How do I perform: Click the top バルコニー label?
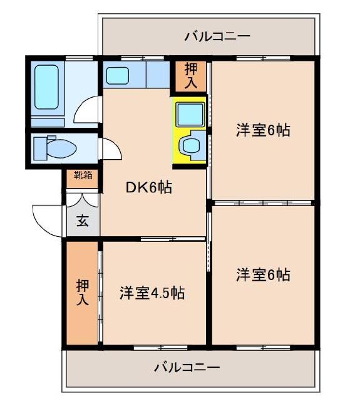tap(217, 36)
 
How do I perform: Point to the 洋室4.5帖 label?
tap(152, 293)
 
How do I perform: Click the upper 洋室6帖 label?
tap(262, 130)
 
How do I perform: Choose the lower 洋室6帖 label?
tap(262, 274)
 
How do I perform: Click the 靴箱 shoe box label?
tap(83, 175)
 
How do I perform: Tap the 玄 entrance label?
tap(83, 221)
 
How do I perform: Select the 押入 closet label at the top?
tap(190, 75)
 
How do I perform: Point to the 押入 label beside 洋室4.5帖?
tap(83, 293)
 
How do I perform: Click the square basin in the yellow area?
tap(190, 114)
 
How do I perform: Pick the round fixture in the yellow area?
tap(189, 146)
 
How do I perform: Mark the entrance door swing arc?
tap(45, 219)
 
